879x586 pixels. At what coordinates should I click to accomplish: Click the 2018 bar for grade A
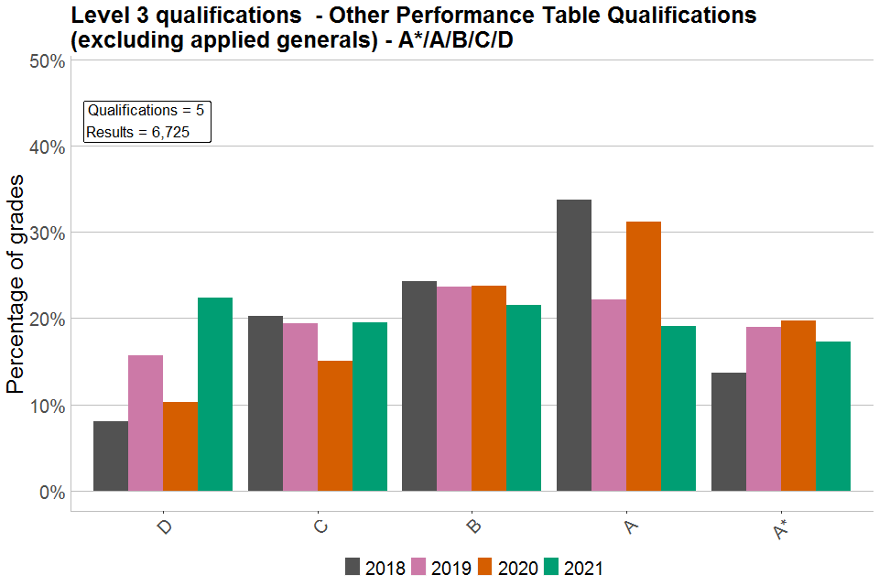(x=573, y=345)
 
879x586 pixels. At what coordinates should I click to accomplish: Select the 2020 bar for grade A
(x=644, y=356)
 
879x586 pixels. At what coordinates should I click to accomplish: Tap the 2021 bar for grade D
(x=215, y=395)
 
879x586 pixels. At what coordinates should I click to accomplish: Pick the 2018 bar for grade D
(x=111, y=456)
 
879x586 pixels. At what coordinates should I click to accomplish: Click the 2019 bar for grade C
(x=300, y=407)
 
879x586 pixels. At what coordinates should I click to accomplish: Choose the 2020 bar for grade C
(x=335, y=426)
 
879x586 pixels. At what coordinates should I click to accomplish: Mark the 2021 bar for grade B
(x=524, y=398)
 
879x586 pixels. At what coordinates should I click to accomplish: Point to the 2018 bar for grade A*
(x=729, y=432)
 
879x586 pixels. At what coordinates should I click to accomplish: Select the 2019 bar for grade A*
(x=764, y=409)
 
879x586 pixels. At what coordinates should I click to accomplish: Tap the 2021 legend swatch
(x=553, y=568)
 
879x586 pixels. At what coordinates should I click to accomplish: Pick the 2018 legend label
(x=385, y=568)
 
